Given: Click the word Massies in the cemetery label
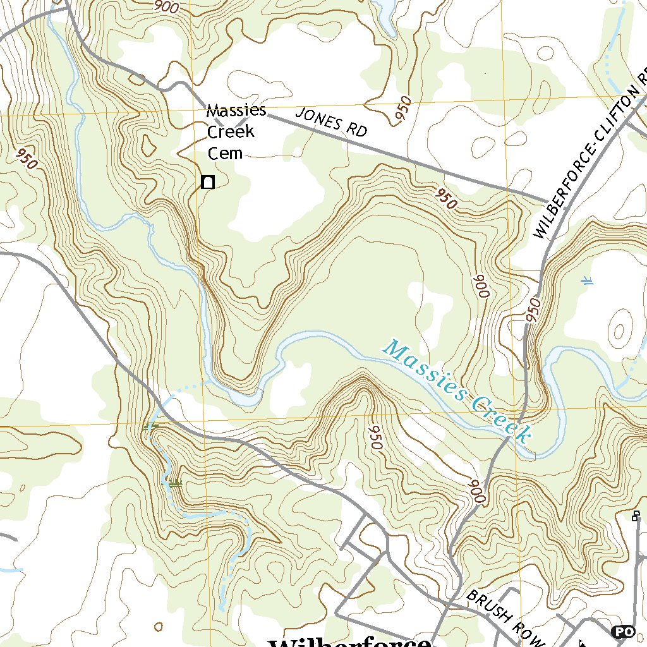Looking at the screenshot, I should tap(236, 111).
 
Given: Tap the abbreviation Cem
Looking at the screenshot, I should tap(226, 153).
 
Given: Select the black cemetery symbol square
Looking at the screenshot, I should tap(207, 182).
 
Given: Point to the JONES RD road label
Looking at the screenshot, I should tap(331, 122).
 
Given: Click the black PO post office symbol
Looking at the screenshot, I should tap(623, 631).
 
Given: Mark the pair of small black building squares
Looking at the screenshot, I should tap(636, 516).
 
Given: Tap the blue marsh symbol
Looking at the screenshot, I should tap(588, 281).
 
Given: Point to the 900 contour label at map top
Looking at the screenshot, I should tap(166, 7).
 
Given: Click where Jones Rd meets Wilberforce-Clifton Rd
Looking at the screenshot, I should tap(545, 201).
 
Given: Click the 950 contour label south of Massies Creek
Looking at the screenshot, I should tap(374, 436).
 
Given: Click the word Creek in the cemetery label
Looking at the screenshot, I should tap(231, 131).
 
